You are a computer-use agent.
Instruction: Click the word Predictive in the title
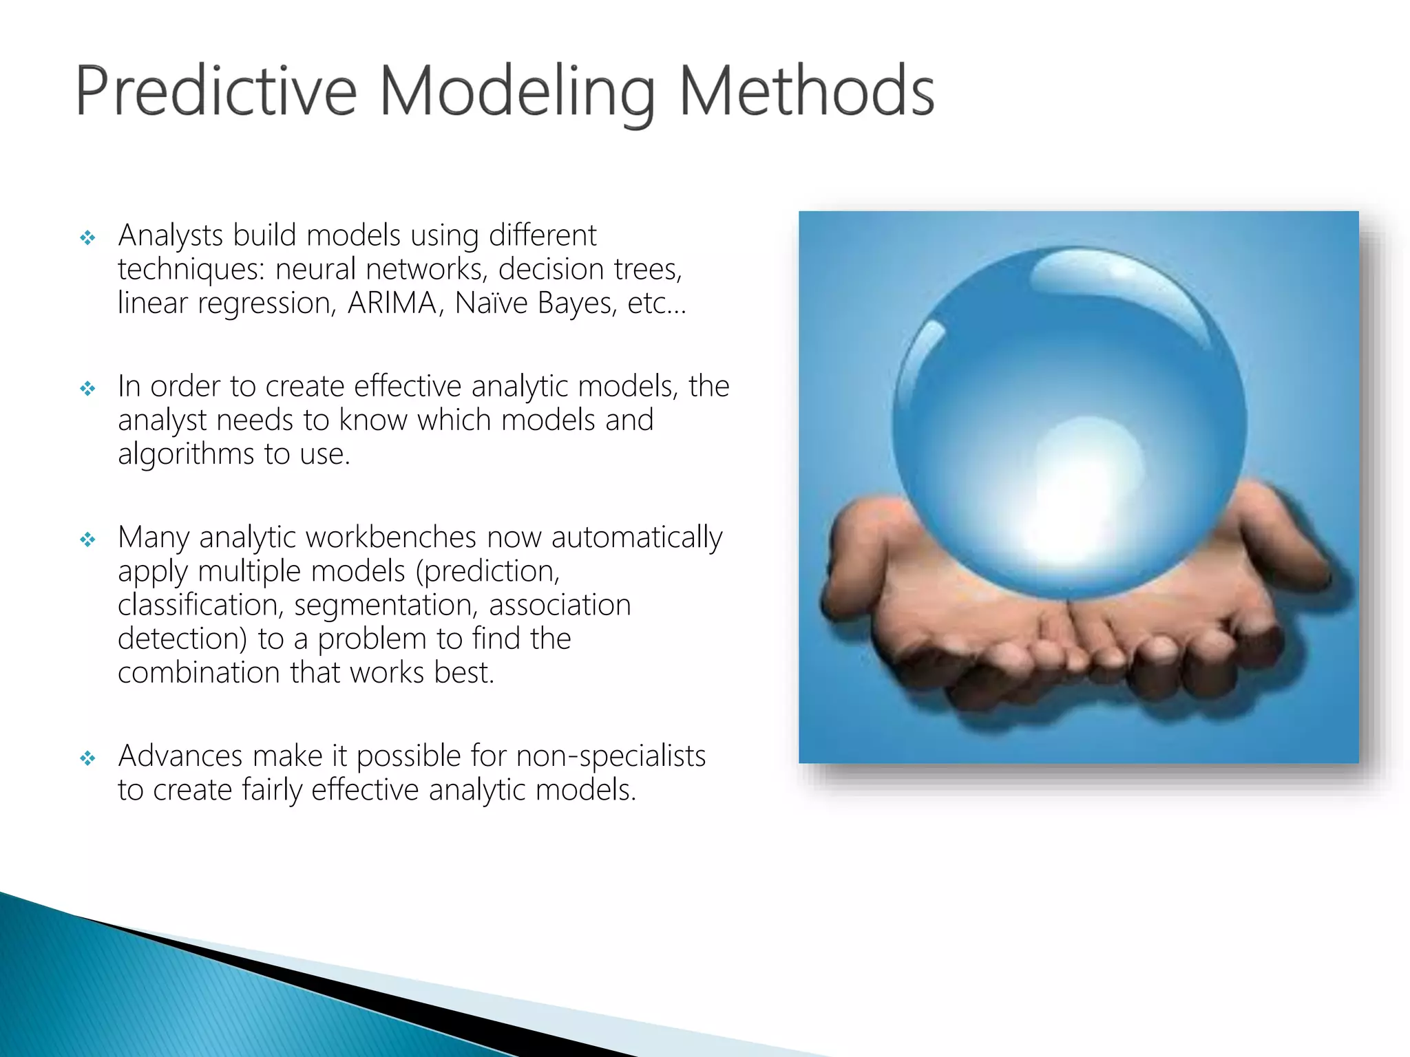(215, 91)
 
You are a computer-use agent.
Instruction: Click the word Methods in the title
(806, 91)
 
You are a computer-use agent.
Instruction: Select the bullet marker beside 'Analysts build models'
(87, 239)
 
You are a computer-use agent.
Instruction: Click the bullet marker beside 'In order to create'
(87, 389)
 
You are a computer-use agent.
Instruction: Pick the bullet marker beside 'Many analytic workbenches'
(87, 540)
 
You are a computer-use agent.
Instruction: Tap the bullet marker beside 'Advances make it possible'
(87, 759)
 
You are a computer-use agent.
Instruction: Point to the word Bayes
(577, 303)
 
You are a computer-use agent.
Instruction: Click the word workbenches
(423, 537)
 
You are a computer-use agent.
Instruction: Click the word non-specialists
(611, 756)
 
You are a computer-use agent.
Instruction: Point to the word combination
(198, 673)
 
